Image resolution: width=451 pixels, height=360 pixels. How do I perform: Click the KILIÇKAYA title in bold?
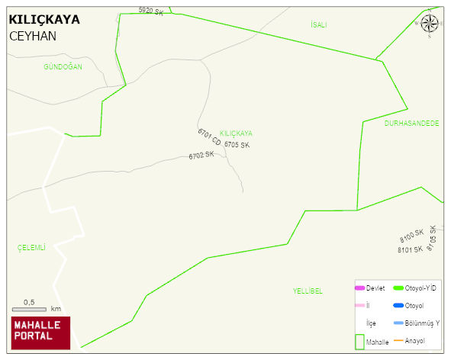coord(44,19)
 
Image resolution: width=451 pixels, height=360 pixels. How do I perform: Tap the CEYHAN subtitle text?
coord(33,36)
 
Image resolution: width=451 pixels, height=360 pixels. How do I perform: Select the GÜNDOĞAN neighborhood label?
coord(63,67)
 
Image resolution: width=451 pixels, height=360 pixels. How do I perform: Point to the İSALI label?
coord(318,25)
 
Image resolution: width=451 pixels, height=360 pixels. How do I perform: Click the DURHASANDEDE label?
coord(411,124)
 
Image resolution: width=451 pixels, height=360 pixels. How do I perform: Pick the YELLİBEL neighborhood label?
coord(308,291)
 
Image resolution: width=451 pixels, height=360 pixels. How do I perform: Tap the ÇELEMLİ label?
coord(31,247)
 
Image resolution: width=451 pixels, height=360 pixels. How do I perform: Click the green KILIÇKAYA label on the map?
coord(236,133)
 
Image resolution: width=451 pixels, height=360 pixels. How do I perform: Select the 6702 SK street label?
coord(201,156)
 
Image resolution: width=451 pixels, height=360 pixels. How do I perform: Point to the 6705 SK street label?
coord(237,144)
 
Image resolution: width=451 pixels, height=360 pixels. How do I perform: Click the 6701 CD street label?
coord(208,138)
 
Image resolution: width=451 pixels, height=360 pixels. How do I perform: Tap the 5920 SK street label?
coord(151,11)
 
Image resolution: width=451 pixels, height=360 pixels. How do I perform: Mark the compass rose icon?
coord(430,22)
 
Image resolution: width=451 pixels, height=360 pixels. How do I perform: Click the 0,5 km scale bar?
coord(30,309)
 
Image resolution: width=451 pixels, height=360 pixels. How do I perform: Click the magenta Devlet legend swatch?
coord(360,288)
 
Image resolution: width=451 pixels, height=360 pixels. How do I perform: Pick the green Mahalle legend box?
coord(360,342)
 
